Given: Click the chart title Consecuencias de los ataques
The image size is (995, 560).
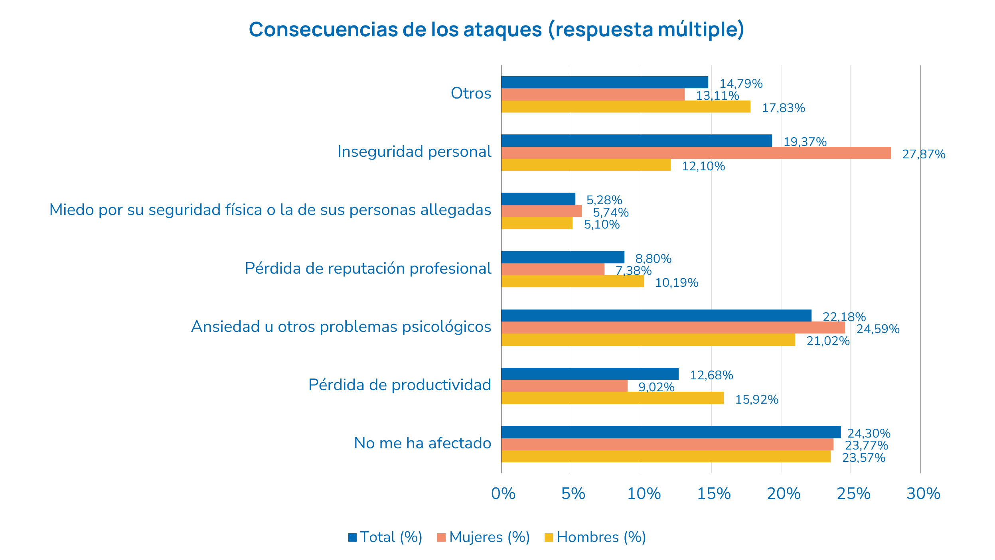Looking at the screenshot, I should point(496,30).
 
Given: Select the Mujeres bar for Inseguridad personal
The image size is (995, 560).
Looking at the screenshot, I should point(696,153).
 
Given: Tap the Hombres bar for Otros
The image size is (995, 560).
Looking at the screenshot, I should point(626,106).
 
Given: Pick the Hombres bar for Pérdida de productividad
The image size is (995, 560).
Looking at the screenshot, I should point(612,398).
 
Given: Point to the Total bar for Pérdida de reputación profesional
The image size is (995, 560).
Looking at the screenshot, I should point(563,257).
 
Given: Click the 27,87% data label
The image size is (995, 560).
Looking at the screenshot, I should point(924,154).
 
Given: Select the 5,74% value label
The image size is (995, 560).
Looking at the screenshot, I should point(610,213).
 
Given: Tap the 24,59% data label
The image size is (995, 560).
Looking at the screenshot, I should point(878,329).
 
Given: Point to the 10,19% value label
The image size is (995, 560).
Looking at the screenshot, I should point(677,283).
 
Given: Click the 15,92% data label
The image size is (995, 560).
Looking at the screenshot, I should point(756,400).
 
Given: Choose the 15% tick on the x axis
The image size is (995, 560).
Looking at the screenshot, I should point(714,494).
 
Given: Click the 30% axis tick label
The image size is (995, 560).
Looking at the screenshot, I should point(923,494).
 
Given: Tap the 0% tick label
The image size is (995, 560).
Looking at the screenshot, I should point(503,494).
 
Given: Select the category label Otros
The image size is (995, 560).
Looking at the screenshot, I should point(471,93).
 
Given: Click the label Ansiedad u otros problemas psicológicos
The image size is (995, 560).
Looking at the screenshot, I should point(341,327).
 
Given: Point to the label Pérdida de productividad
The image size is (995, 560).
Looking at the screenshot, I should point(400,385).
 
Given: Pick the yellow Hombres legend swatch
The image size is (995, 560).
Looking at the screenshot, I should point(549,538).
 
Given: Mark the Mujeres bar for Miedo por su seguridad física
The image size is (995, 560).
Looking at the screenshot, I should point(541,211).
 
